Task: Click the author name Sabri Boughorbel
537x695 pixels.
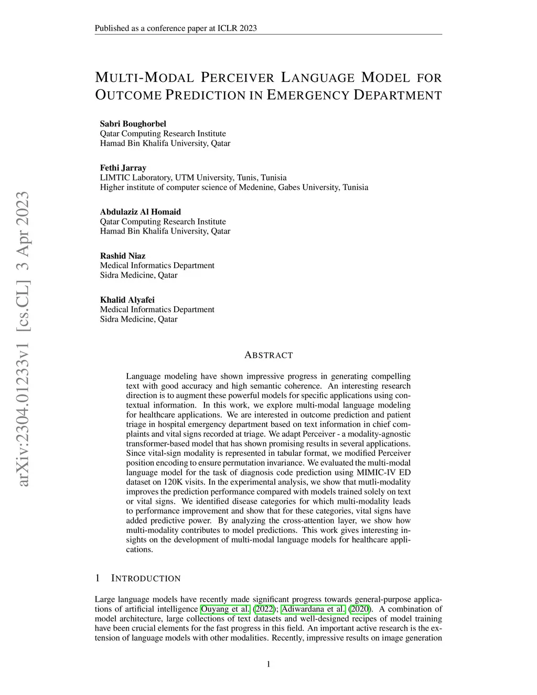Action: click(x=133, y=124)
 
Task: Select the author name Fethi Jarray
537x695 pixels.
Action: click(x=123, y=168)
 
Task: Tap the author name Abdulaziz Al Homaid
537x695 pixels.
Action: click(x=141, y=212)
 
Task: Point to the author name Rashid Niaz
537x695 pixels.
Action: click(x=123, y=256)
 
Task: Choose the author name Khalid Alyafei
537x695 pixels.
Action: click(x=127, y=300)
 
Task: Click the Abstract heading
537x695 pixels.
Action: click(x=268, y=355)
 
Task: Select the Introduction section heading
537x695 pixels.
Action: click(x=146, y=579)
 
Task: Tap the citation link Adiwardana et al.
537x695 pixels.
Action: click(x=313, y=609)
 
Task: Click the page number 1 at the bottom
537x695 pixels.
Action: click(x=268, y=665)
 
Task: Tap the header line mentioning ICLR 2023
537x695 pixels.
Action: click(x=176, y=28)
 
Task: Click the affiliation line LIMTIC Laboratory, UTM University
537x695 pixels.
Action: click(x=193, y=178)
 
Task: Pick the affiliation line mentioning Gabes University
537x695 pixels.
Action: click(x=234, y=187)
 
